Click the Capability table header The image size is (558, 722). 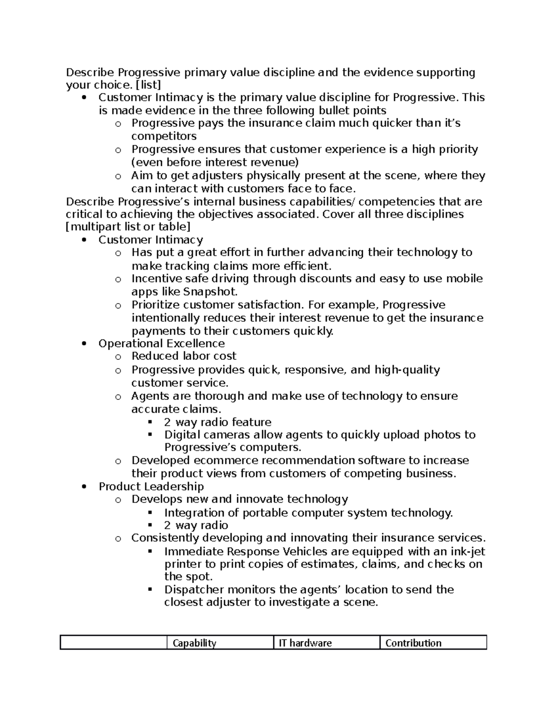click(194, 643)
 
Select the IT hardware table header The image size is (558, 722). click(305, 643)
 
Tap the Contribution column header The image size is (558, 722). click(413, 643)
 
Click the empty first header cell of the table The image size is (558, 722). click(113, 643)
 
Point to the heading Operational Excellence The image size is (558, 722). click(161, 344)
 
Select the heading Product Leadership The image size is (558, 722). click(151, 486)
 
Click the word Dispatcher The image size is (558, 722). click(191, 590)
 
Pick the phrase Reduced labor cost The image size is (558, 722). click(184, 356)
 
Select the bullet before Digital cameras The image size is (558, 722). click(150, 435)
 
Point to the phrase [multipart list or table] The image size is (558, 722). click(128, 227)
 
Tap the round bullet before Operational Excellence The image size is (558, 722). click(84, 344)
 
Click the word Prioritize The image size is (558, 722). click(156, 305)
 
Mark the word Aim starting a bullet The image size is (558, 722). click(140, 176)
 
